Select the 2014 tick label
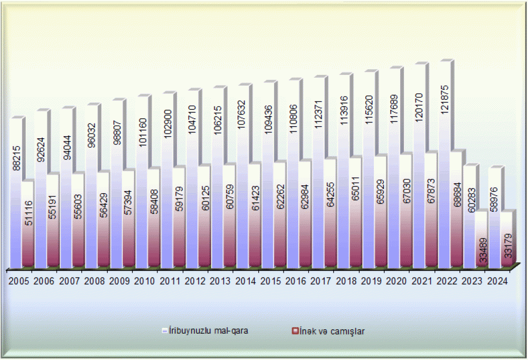(246, 281)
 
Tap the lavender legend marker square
(165, 331)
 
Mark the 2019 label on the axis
(371, 281)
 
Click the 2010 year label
(145, 281)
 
